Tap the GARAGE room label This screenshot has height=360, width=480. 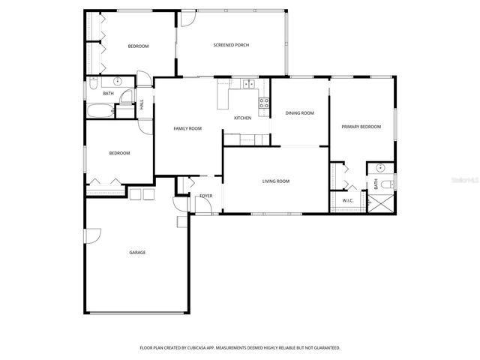pyautogui.click(x=137, y=252)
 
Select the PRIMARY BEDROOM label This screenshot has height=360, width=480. pyautogui.click(x=361, y=127)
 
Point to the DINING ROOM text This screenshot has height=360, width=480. pyautogui.click(x=299, y=113)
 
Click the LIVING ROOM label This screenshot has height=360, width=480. pyautogui.click(x=275, y=181)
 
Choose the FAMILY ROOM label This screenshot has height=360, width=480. pyautogui.click(x=187, y=129)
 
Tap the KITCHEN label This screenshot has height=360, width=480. pyautogui.click(x=242, y=118)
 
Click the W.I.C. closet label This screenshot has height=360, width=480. pyautogui.click(x=348, y=201)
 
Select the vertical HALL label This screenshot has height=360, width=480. pyautogui.click(x=142, y=104)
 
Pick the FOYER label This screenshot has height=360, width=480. pyautogui.click(x=205, y=196)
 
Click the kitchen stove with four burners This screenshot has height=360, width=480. pyautogui.click(x=264, y=103)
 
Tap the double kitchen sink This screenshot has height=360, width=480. pyautogui.click(x=249, y=84)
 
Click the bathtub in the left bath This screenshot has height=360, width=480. pyautogui.click(x=100, y=113)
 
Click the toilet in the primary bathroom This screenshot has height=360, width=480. pyautogui.click(x=387, y=184)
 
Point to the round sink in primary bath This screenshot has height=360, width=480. pyautogui.click(x=380, y=168)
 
